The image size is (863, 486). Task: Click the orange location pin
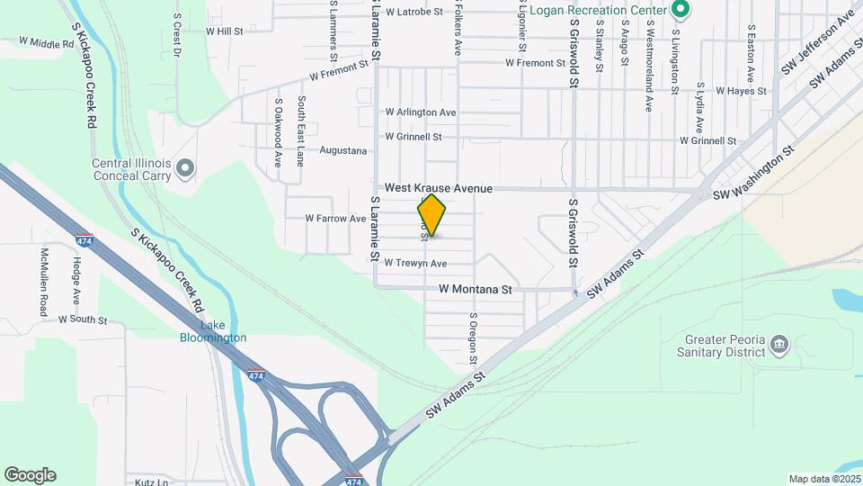(431, 214)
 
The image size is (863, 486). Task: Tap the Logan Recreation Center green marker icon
(681, 11)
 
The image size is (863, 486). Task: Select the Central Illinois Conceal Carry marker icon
(185, 167)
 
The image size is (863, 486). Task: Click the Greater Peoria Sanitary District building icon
(779, 343)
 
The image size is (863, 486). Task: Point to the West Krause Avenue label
(439, 188)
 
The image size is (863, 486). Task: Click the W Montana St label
(475, 290)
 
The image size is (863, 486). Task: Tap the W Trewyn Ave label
(414, 264)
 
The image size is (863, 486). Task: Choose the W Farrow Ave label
(335, 218)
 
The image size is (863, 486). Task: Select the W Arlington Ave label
(421, 112)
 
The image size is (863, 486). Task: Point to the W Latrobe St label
(414, 12)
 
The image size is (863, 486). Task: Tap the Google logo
(30, 475)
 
